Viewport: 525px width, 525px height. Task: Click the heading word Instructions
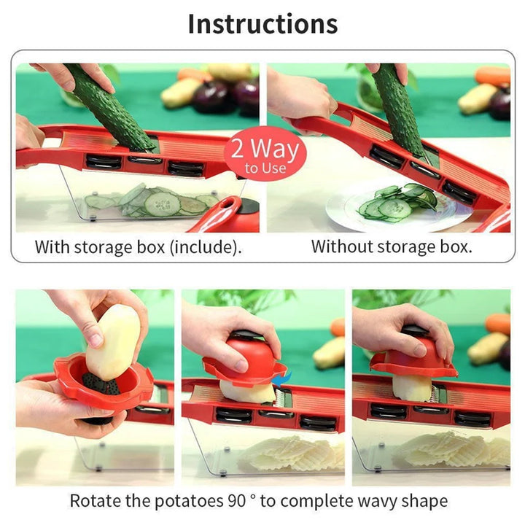262,23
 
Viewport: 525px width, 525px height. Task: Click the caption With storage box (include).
138,246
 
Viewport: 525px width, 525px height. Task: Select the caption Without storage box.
392,246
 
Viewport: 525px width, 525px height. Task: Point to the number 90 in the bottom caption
236,502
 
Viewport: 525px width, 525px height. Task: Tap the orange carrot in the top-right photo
492,75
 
